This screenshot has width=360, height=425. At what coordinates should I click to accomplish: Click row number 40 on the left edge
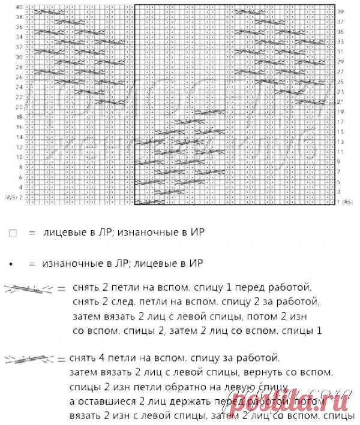pos(20,6)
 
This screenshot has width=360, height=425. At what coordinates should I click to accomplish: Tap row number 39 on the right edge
pos(340,11)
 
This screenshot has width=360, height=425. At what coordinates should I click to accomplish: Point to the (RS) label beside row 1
pos(348,202)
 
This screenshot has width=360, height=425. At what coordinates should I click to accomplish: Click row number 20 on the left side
pos(20,107)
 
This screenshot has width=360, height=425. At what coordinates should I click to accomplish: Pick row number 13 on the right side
pos(340,141)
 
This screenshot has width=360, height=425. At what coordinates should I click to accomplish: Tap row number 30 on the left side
pos(20,57)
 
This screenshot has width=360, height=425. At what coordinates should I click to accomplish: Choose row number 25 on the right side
pos(340,82)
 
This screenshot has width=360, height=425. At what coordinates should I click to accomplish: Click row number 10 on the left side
pos(20,157)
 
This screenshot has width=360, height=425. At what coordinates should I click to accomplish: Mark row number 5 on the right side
pos(340,182)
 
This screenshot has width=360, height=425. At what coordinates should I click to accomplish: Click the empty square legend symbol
pos(13,236)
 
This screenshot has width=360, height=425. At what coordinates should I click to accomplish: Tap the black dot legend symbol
pos(13,263)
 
